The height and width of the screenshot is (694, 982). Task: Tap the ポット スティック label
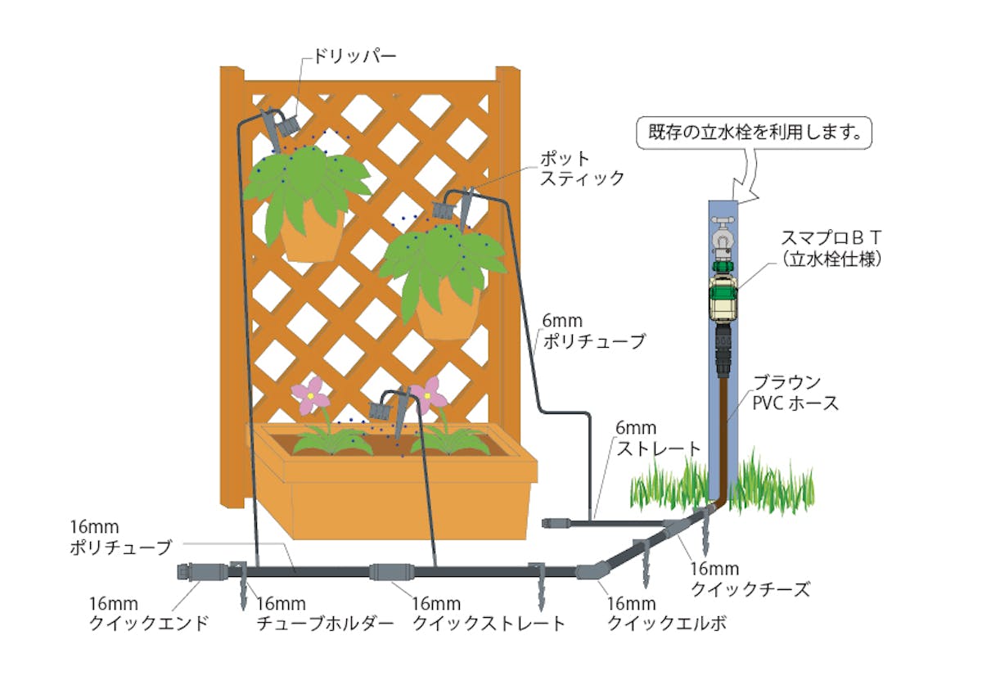[x=582, y=167]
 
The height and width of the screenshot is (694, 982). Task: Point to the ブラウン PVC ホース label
[x=795, y=393]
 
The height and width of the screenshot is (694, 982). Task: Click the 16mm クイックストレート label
[x=488, y=614]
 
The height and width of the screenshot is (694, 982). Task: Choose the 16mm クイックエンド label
[x=148, y=614]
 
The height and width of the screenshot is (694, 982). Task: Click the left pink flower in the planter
[x=311, y=394]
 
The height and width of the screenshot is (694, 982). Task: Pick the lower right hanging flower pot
[x=448, y=315]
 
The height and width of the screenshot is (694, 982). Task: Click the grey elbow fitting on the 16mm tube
[x=592, y=570]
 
